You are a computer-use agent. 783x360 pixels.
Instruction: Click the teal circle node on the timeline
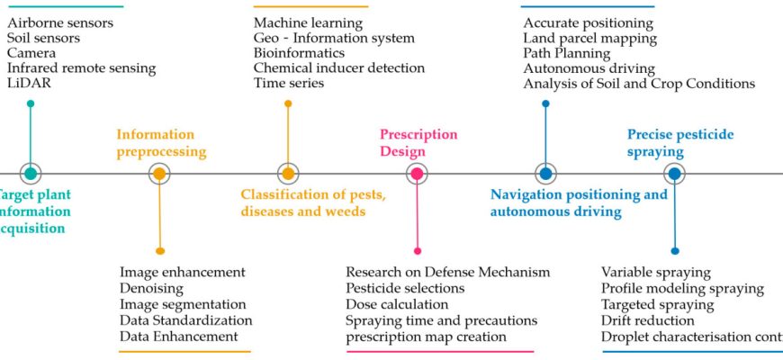[31, 174]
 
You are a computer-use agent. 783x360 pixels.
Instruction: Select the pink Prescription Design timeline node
[417, 174]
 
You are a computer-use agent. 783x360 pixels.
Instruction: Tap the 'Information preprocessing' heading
[161, 143]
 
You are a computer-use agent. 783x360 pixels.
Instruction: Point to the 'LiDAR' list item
[29, 83]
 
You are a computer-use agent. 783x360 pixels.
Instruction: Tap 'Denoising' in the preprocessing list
[151, 288]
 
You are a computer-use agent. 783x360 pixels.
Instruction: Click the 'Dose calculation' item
[397, 304]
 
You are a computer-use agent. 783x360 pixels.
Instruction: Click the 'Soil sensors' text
[43, 38]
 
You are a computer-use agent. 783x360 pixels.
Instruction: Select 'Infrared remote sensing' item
[82, 67]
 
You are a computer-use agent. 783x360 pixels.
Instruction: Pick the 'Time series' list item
[289, 83]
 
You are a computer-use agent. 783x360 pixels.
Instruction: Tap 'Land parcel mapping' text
[589, 38]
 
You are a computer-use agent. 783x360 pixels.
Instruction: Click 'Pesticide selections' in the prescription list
[405, 288]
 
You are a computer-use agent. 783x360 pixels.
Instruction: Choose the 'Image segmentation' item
[183, 304]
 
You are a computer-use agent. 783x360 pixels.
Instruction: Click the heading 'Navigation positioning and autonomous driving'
[579, 202]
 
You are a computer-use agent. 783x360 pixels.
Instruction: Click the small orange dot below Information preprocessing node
[160, 250]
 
